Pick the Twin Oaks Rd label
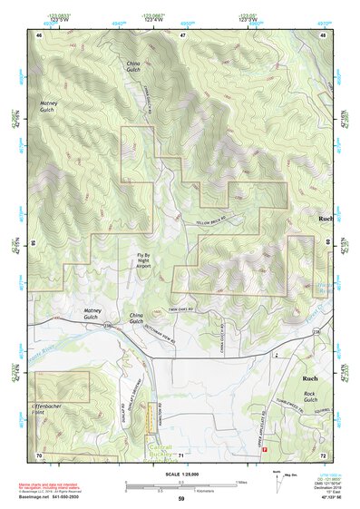(184, 308)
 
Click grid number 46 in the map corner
(39, 34)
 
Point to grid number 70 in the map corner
(39, 454)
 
